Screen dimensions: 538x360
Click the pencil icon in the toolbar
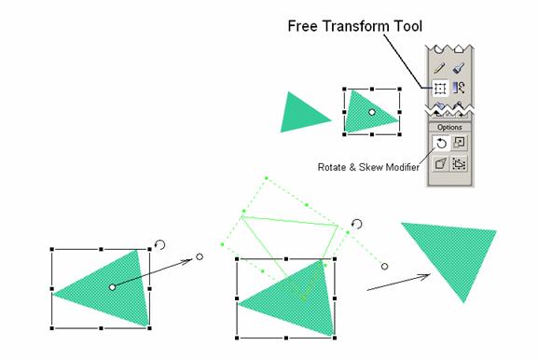click(x=439, y=67)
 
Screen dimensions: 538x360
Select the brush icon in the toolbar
click(x=459, y=67)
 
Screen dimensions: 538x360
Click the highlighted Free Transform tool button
click(x=439, y=89)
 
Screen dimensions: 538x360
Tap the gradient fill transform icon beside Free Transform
click(x=459, y=88)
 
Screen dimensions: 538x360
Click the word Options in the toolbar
click(x=449, y=128)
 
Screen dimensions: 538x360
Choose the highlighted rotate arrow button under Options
click(x=441, y=143)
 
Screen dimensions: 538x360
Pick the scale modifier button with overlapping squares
click(x=459, y=142)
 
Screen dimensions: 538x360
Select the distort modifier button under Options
click(x=440, y=164)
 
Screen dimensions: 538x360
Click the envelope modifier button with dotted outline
click(x=459, y=164)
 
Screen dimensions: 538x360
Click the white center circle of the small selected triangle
click(x=372, y=112)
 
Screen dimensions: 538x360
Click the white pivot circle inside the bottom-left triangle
click(x=112, y=287)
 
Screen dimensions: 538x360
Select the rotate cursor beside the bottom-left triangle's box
click(x=159, y=244)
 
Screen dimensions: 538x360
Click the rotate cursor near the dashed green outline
click(x=357, y=224)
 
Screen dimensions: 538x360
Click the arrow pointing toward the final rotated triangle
click(x=398, y=282)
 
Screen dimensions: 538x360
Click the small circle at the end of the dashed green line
click(x=385, y=267)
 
